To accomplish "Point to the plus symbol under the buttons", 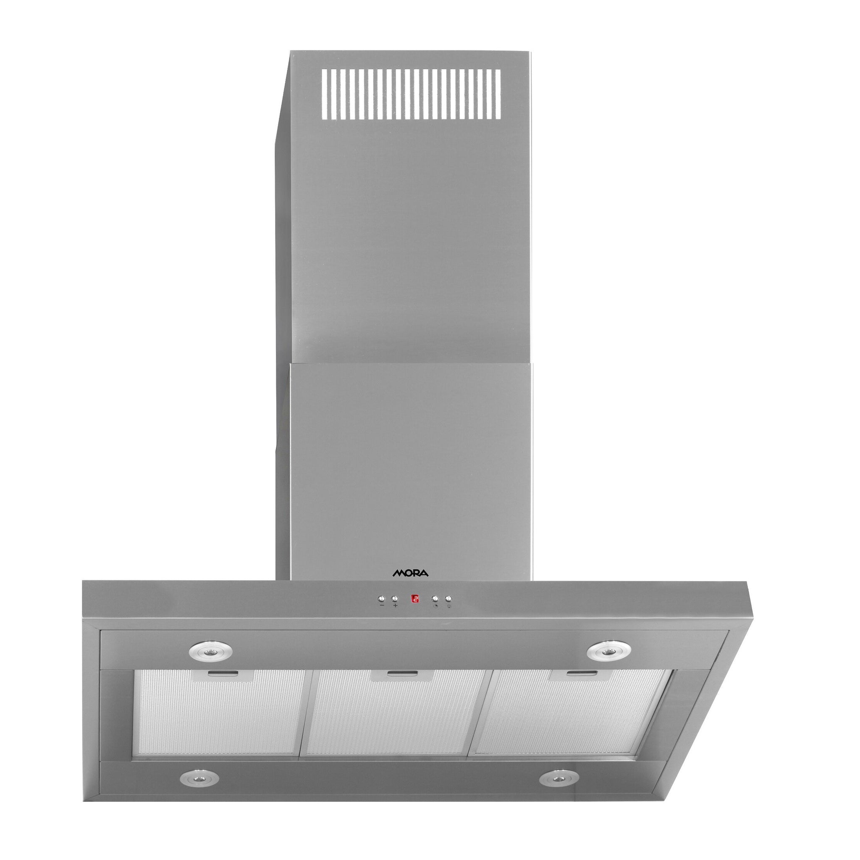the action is click(395, 606).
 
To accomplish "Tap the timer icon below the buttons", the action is click(435, 606).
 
